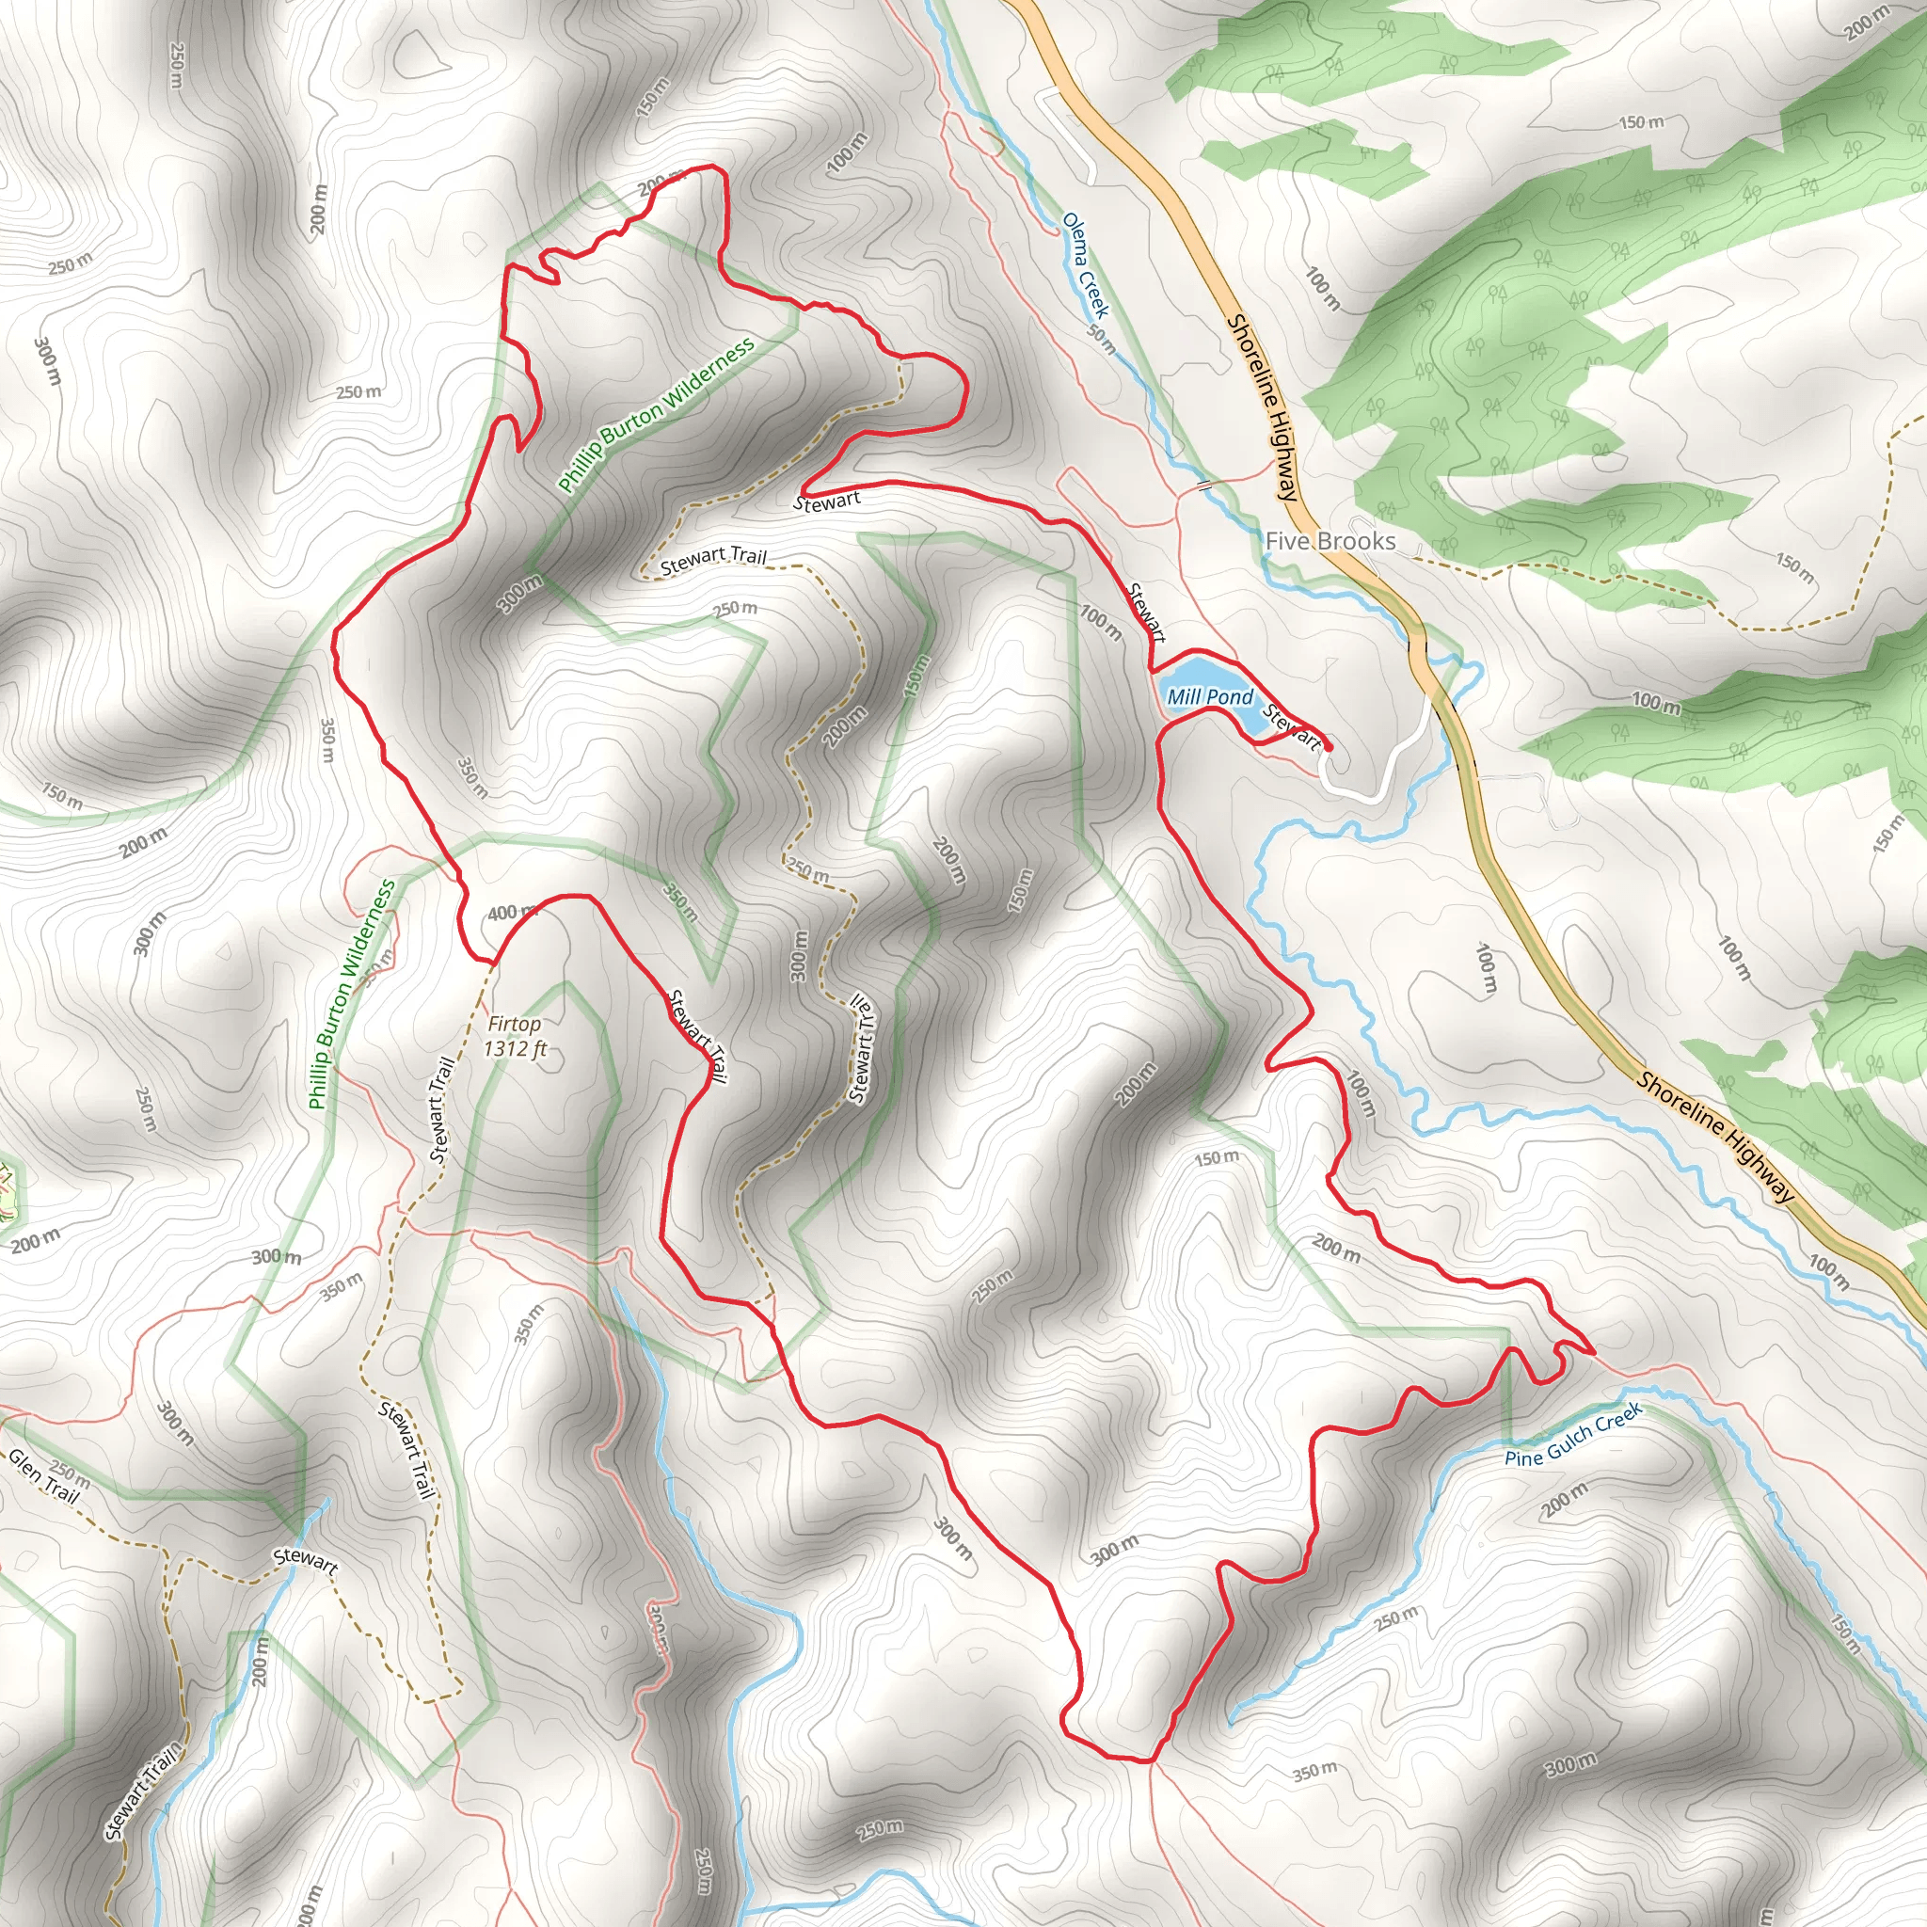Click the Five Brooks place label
coord(1330,541)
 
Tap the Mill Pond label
coord(1210,696)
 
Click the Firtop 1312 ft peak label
coord(515,1035)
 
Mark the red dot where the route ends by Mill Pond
coord(1328,746)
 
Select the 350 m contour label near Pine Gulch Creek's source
coord(1314,1772)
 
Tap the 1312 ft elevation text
coord(515,1048)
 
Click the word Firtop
coord(515,1024)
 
